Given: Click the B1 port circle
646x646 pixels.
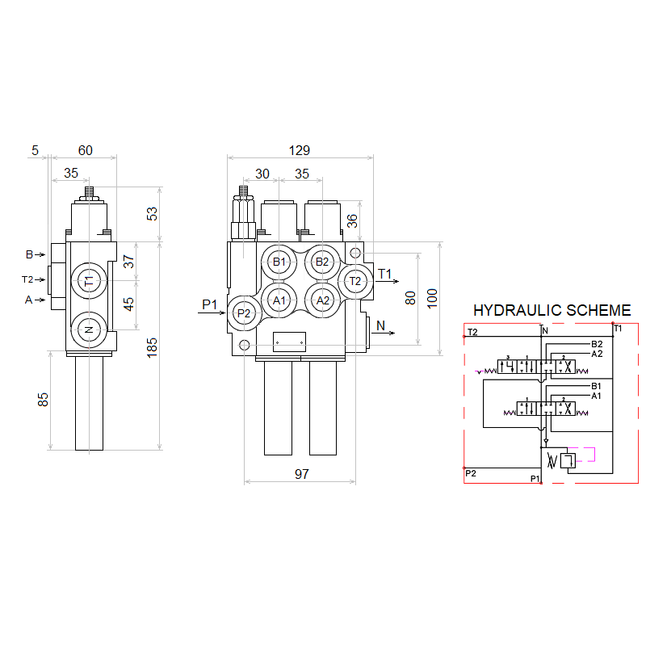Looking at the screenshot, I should click(x=279, y=262).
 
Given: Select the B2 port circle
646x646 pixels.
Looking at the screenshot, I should click(x=322, y=262).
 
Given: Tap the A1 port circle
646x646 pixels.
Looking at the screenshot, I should click(x=279, y=300).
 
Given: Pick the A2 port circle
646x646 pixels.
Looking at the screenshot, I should click(x=323, y=300).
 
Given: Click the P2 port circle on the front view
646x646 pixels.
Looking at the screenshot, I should click(x=244, y=313).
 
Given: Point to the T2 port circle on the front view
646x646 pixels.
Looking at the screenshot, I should click(x=354, y=281).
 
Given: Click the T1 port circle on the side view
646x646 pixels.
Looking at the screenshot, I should click(x=89, y=280).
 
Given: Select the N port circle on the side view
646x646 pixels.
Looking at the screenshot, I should click(x=89, y=329).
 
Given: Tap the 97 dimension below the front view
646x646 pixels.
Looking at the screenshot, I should click(x=301, y=474).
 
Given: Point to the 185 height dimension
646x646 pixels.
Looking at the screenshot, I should click(x=153, y=346).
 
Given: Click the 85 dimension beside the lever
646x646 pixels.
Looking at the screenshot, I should click(x=44, y=399).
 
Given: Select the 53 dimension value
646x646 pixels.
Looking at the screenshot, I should click(x=153, y=213).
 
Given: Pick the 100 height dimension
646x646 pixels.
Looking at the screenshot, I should click(x=432, y=297).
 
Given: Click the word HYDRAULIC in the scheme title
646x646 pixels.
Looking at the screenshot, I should click(x=512, y=310).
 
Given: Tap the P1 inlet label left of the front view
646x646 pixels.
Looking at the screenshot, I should click(x=210, y=304).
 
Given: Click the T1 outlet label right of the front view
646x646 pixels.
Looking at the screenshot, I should click(x=385, y=274).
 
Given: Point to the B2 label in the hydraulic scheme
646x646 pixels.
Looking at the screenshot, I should click(x=597, y=345).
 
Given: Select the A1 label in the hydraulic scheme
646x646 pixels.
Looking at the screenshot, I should click(x=597, y=396).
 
